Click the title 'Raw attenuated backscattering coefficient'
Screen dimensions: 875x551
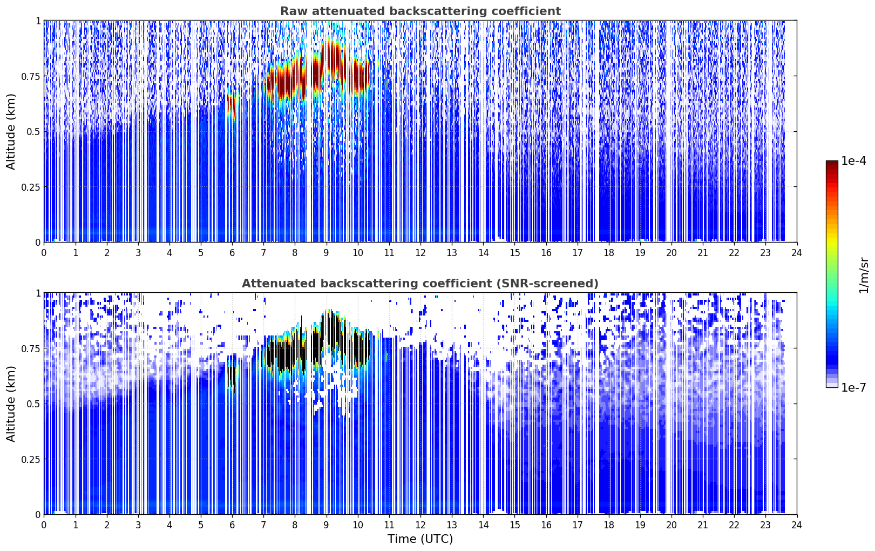(x=420, y=11)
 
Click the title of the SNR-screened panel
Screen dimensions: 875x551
(x=420, y=283)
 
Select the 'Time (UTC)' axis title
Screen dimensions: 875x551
(x=420, y=539)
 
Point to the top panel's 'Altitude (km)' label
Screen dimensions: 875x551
(x=11, y=132)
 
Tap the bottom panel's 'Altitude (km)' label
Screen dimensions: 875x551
(x=11, y=404)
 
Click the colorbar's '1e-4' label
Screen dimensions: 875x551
(x=853, y=160)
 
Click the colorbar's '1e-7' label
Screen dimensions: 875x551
(x=853, y=388)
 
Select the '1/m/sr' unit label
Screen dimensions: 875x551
(x=864, y=275)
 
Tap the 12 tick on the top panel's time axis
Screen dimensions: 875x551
(x=420, y=253)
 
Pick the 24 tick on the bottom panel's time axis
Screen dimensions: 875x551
(x=797, y=525)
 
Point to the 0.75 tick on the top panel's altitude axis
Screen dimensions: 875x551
(x=30, y=76)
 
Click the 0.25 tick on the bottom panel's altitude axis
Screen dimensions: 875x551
(x=30, y=459)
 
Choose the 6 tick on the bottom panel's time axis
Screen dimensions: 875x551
(x=232, y=525)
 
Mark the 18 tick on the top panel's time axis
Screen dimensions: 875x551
(x=608, y=253)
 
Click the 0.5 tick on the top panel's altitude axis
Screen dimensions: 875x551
(x=33, y=132)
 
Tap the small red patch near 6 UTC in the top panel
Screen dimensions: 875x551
(x=232, y=104)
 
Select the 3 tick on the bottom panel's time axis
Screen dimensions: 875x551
(x=138, y=525)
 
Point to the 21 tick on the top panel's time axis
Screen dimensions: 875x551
(x=703, y=253)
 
